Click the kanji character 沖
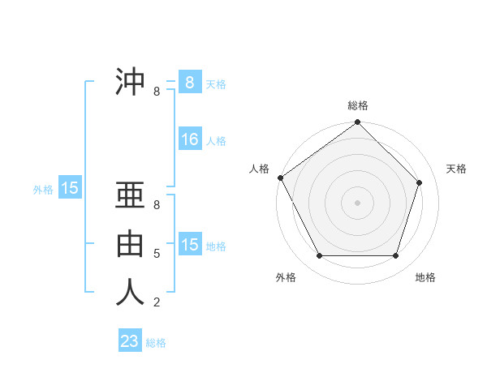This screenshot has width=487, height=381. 130,82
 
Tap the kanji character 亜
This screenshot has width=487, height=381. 130,195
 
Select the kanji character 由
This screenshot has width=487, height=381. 130,243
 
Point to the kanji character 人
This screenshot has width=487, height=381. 130,291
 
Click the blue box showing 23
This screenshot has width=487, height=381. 130,341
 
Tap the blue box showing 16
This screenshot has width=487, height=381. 190,139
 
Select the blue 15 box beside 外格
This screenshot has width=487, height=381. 70,189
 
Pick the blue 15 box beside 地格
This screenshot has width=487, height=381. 190,245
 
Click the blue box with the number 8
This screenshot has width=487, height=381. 190,82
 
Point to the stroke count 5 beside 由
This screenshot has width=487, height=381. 157,254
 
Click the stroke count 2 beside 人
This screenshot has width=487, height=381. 157,302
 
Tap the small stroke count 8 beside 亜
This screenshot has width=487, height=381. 157,206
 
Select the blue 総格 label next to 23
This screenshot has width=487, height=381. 156,343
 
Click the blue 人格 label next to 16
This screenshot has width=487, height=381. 216,141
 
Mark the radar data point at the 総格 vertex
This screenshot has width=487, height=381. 357,122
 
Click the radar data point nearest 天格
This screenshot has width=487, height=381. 420,182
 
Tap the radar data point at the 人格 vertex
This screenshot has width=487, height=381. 280,178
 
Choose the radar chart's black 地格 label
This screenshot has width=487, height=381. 425,277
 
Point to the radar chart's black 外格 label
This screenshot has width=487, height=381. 286,277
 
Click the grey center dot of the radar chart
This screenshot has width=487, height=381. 357,202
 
